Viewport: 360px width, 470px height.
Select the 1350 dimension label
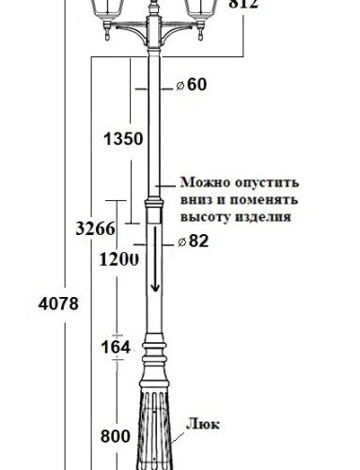[x=123, y=139]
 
